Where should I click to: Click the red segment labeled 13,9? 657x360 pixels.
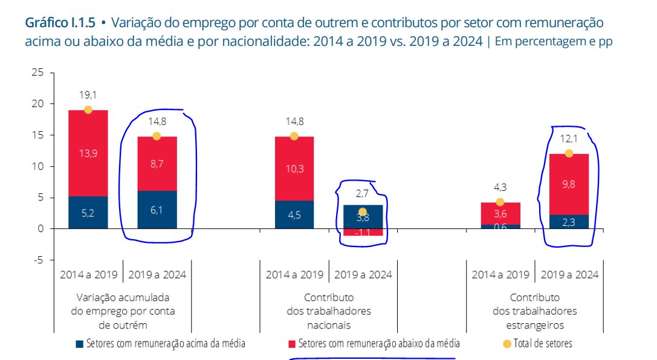click(x=88, y=153)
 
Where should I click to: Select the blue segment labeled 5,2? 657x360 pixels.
click(x=88, y=212)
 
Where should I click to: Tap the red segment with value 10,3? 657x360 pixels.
click(x=294, y=169)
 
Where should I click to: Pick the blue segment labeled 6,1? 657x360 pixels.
click(x=157, y=210)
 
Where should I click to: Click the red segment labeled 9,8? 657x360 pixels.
click(x=569, y=184)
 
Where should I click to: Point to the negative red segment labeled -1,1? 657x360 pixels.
click(x=363, y=232)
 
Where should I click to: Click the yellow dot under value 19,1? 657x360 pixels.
click(x=88, y=109)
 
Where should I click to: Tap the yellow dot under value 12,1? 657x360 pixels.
click(x=569, y=153)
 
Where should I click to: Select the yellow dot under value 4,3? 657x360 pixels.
click(x=500, y=202)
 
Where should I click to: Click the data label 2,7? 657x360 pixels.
click(x=363, y=193)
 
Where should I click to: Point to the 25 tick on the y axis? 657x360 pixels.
click(x=39, y=72)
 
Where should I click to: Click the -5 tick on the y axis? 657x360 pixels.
click(x=40, y=260)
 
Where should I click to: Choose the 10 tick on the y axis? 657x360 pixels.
click(x=39, y=166)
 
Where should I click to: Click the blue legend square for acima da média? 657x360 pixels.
click(x=79, y=344)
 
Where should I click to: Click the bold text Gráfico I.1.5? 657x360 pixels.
click(x=59, y=23)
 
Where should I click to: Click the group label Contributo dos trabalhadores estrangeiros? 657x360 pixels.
click(x=534, y=311)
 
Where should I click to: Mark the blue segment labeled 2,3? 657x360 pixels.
click(x=569, y=222)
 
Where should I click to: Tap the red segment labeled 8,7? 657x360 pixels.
click(x=157, y=163)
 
